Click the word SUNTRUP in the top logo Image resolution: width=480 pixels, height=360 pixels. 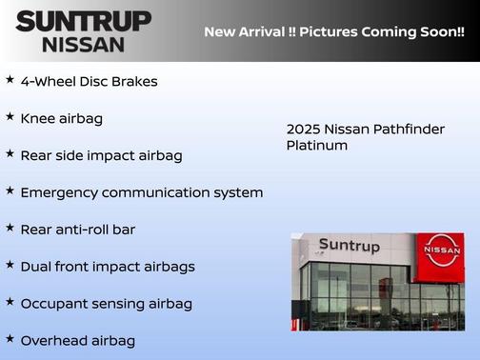84,21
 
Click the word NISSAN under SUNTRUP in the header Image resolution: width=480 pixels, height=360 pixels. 84,44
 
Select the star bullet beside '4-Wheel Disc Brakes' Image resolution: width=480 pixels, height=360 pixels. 10,80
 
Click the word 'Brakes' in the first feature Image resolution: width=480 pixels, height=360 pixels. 135,82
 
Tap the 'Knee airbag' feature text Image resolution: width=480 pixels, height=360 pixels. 61,119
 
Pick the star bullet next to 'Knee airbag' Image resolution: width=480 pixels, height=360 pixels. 10,117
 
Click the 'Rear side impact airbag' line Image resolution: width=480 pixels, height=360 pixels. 101,155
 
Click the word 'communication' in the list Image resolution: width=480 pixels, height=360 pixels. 160,192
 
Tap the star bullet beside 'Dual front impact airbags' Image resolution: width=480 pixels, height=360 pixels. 10,265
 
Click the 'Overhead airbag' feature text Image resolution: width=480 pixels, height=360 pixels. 77,340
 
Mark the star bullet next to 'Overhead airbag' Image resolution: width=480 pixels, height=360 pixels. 10,338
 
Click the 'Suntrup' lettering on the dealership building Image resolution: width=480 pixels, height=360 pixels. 349,246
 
